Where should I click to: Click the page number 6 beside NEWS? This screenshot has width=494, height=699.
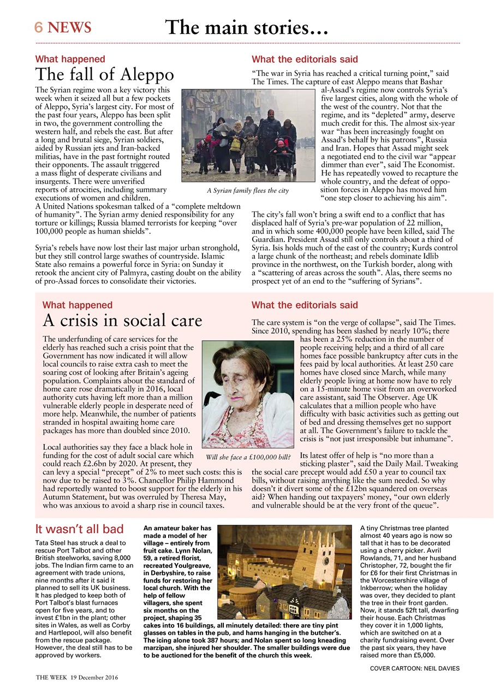click(x=39, y=27)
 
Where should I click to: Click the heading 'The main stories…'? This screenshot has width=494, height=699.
click(x=246, y=27)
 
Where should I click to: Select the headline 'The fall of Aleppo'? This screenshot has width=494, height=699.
click(x=104, y=74)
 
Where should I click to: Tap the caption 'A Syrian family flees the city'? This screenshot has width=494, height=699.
click(x=248, y=191)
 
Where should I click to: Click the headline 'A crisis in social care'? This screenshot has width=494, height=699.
click(x=122, y=320)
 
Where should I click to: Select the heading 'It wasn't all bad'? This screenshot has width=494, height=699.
click(x=79, y=529)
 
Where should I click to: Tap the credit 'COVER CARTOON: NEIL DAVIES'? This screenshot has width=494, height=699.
click(x=414, y=668)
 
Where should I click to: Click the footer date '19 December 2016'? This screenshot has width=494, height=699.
click(x=94, y=677)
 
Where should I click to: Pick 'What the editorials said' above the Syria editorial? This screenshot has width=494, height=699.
click(x=305, y=59)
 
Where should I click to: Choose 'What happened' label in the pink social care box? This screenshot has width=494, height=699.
click(x=77, y=305)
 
